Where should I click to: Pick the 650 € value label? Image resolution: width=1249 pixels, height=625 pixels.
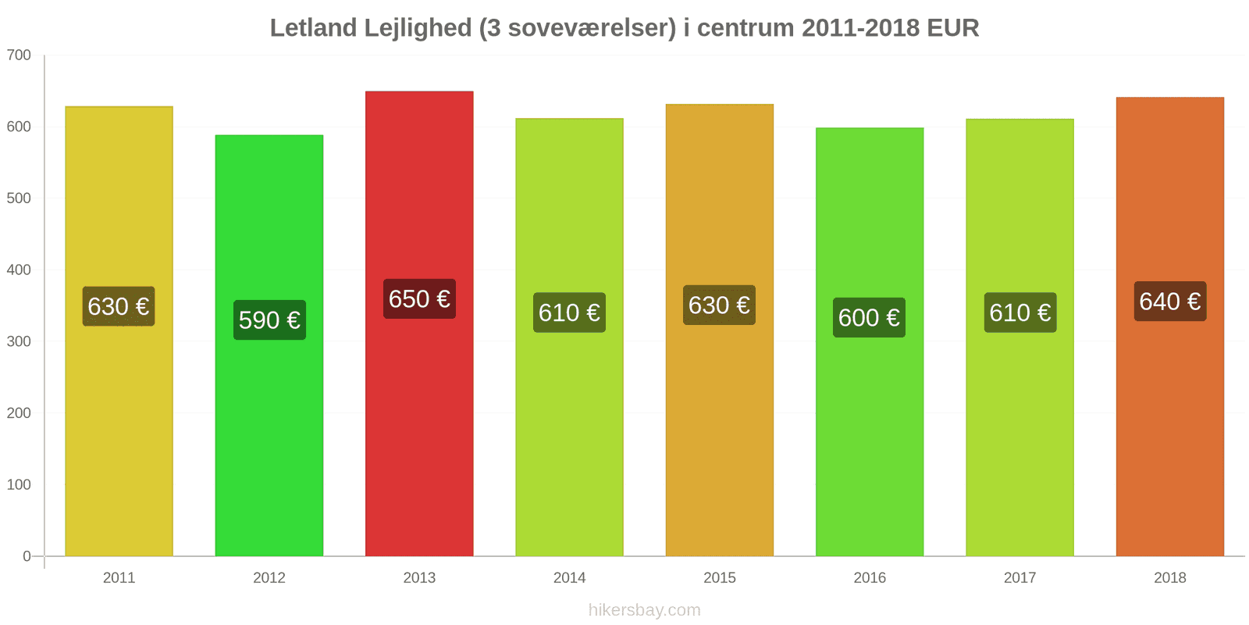pyautogui.click(x=419, y=298)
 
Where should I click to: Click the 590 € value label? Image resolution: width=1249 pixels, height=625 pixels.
pyautogui.click(x=269, y=320)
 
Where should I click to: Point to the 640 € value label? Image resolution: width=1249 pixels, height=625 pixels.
pyautogui.click(x=1169, y=301)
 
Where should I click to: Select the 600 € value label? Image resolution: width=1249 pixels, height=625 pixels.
pyautogui.click(x=869, y=317)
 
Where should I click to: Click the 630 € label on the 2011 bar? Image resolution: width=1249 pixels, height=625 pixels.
pyautogui.click(x=119, y=305)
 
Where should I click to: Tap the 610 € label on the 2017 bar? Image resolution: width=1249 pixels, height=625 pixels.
pyautogui.click(x=1019, y=312)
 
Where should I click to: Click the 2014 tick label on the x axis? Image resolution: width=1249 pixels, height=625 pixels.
pyautogui.click(x=569, y=577)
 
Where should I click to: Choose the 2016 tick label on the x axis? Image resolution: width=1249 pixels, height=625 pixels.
pyautogui.click(x=869, y=577)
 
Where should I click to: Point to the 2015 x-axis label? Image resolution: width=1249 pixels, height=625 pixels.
pyautogui.click(x=719, y=577)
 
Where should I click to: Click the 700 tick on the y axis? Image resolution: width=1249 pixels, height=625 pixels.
pyautogui.click(x=19, y=55)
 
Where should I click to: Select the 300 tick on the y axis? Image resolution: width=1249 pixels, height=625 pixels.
pyautogui.click(x=19, y=341)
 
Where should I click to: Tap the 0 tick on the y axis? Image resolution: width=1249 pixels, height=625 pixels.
pyautogui.click(x=27, y=556)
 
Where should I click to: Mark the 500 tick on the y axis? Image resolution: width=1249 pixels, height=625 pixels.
pyautogui.click(x=19, y=198)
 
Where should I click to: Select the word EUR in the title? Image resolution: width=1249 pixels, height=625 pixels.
pyautogui.click(x=952, y=27)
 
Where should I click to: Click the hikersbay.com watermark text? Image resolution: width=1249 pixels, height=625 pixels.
pyautogui.click(x=644, y=609)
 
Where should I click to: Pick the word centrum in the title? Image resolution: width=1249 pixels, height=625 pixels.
pyautogui.click(x=745, y=27)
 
